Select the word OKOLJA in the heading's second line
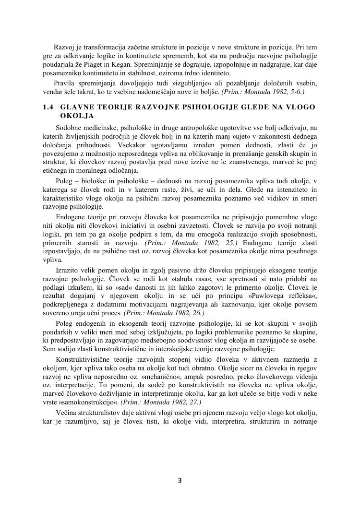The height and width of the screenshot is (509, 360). (77, 116)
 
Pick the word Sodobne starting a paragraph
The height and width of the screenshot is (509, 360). (70, 128)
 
